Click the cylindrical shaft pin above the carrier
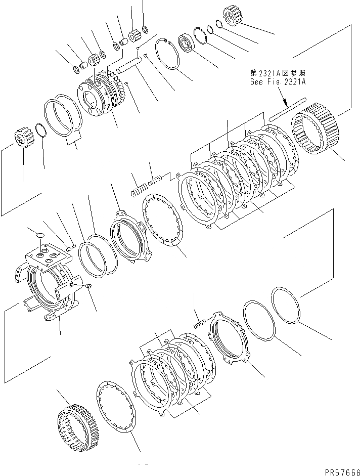tap(130, 65)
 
